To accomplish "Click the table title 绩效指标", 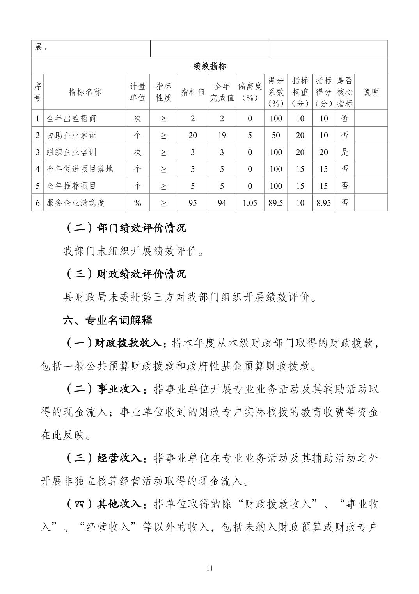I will click(x=209, y=66).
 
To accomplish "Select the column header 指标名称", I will click(x=85, y=92).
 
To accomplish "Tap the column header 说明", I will click(x=371, y=92).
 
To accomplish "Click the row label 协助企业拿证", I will click(x=71, y=135).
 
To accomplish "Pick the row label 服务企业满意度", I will click(x=76, y=202).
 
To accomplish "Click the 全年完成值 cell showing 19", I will click(x=222, y=135).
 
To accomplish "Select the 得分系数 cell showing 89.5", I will click(x=276, y=202).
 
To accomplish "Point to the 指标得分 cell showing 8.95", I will click(x=323, y=202).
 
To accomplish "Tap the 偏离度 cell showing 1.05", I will click(x=250, y=202).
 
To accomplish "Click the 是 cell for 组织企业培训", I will click(x=344, y=152).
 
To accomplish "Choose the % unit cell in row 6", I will click(x=137, y=202).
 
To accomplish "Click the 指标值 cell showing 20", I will click(x=193, y=135).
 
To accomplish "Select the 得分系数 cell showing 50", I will click(x=276, y=135).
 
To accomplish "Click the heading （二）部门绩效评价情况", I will click(x=125, y=228).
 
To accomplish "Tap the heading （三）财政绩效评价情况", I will click(x=125, y=274).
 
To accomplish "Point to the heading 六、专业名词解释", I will click(x=108, y=320).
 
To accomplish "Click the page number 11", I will click(x=209, y=568).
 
